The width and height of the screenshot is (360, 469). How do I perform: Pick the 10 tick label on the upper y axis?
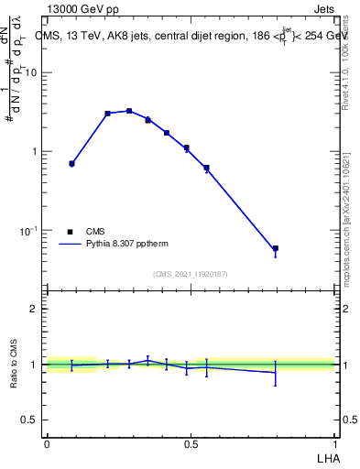click(30, 73)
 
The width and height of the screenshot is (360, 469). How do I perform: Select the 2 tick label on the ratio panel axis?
click(34, 309)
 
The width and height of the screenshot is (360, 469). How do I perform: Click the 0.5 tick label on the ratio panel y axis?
click(29, 420)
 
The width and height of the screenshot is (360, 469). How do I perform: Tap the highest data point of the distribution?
click(129, 111)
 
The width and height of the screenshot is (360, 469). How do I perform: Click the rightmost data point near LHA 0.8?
click(275, 248)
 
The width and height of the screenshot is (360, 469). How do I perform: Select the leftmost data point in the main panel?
click(71, 163)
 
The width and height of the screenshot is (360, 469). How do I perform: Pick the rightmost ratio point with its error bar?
click(275, 372)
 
